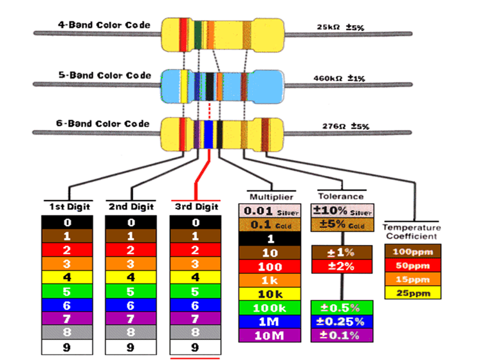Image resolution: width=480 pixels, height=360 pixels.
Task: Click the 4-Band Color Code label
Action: [104, 26]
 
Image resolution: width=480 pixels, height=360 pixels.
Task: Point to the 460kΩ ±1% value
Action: [339, 78]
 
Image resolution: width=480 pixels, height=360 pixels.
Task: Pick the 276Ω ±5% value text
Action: [343, 127]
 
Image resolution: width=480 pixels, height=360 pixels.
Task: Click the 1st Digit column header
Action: [70, 206]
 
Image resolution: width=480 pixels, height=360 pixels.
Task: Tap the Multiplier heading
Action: [272, 196]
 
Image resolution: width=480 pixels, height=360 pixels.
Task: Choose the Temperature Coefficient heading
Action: [412, 231]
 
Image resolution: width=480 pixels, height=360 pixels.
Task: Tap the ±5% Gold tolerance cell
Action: [341, 224]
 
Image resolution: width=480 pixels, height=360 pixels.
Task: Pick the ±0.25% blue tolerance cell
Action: [341, 321]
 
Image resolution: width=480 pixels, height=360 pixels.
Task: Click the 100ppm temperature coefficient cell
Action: [412, 251]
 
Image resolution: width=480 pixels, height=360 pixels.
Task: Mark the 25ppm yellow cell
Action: [412, 292]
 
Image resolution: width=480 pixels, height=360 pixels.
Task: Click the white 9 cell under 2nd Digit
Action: [131, 348]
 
